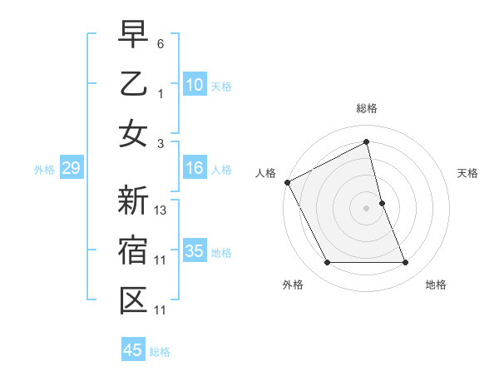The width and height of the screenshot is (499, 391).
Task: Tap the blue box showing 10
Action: [194, 85]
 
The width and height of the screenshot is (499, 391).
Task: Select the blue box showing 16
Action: [194, 169]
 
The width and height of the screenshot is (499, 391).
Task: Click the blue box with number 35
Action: [194, 251]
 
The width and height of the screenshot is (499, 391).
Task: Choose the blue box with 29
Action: [71, 169]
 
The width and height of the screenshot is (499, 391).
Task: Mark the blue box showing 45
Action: [132, 350]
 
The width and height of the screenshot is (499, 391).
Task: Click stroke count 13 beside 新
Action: [161, 210]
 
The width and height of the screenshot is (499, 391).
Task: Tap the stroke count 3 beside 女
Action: [161, 143]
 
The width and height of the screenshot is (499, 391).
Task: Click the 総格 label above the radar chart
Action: [366, 108]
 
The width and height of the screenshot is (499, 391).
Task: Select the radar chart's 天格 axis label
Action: [468, 173]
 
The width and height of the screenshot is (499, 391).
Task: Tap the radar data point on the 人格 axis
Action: [288, 182]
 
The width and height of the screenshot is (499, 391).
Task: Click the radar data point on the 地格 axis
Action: [405, 263]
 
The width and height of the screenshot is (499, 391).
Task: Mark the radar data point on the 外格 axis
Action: [327, 263]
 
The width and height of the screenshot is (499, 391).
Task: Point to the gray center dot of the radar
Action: [366, 208]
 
